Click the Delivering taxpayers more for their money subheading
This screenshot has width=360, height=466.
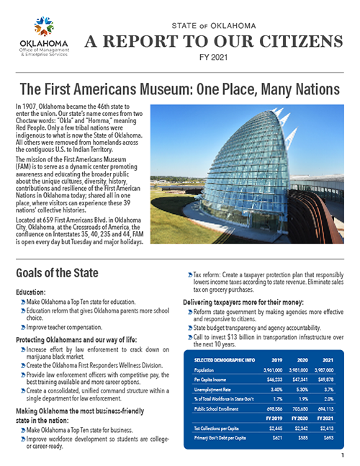point(248,300)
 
